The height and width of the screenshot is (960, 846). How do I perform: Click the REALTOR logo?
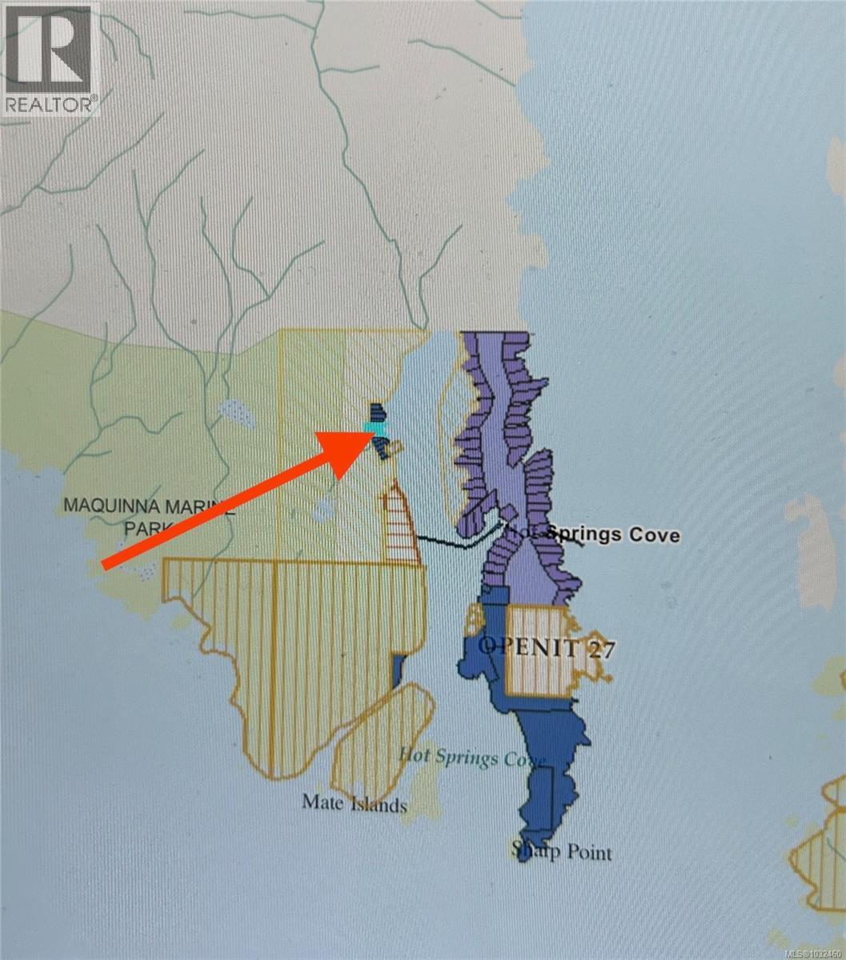49,58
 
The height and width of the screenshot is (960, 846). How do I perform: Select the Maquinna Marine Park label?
147,516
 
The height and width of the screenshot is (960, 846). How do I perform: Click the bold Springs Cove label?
613,534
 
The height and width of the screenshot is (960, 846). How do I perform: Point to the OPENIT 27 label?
547,646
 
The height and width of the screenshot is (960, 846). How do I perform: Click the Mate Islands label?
355,802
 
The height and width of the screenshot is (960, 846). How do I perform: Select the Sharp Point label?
563,850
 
